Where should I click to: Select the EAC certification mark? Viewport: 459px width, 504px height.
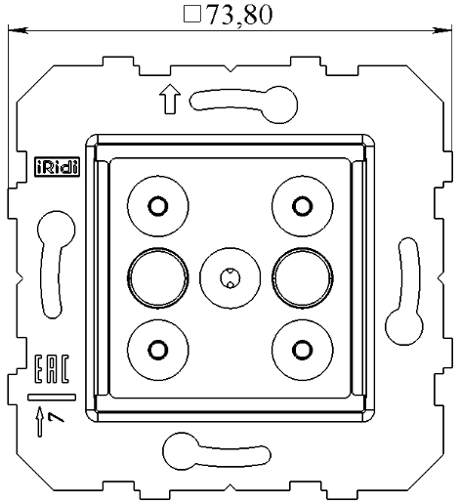click(52, 370)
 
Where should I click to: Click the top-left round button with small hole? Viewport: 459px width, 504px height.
click(156, 205)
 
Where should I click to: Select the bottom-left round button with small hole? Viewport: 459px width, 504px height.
click(156, 348)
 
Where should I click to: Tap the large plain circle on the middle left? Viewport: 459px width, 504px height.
click(156, 276)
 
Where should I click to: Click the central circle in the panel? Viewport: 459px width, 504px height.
click(229, 277)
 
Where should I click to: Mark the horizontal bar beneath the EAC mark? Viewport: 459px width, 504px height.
click(52, 398)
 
